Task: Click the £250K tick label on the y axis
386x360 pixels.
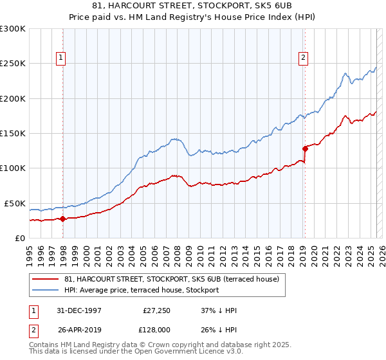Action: tap(13, 64)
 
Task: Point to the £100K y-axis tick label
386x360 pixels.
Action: tap(13, 168)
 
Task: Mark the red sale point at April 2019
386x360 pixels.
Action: tap(305, 148)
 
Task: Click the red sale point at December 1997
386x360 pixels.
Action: tap(63, 219)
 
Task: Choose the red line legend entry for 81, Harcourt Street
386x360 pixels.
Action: tap(171, 279)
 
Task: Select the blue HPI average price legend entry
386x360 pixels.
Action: tap(142, 291)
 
